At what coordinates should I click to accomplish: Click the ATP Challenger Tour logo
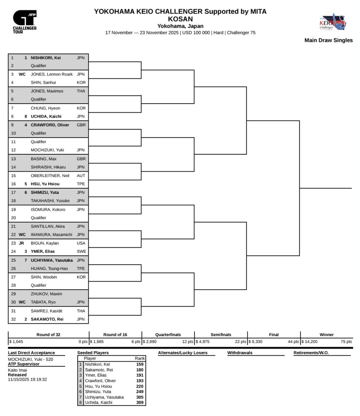tap(25, 22)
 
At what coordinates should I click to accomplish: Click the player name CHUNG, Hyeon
tap(45, 108)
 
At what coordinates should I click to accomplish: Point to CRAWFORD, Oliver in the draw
tap(50, 125)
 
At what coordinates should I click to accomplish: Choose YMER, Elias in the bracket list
tap(43, 251)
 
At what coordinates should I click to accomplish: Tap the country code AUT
tap(81, 175)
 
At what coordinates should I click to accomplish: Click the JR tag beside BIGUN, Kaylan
tap(21, 243)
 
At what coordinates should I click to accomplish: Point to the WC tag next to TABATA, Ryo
tap(22, 302)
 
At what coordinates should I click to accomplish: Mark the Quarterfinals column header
tap(168, 335)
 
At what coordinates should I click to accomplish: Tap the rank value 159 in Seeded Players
tap(140, 364)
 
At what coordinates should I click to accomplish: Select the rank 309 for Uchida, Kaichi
tap(140, 403)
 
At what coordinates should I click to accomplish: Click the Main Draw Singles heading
tap(328, 40)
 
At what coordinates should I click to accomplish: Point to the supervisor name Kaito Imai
tap(17, 370)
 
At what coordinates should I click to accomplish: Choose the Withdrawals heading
tap(240, 353)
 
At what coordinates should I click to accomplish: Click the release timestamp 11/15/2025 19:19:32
tap(27, 380)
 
